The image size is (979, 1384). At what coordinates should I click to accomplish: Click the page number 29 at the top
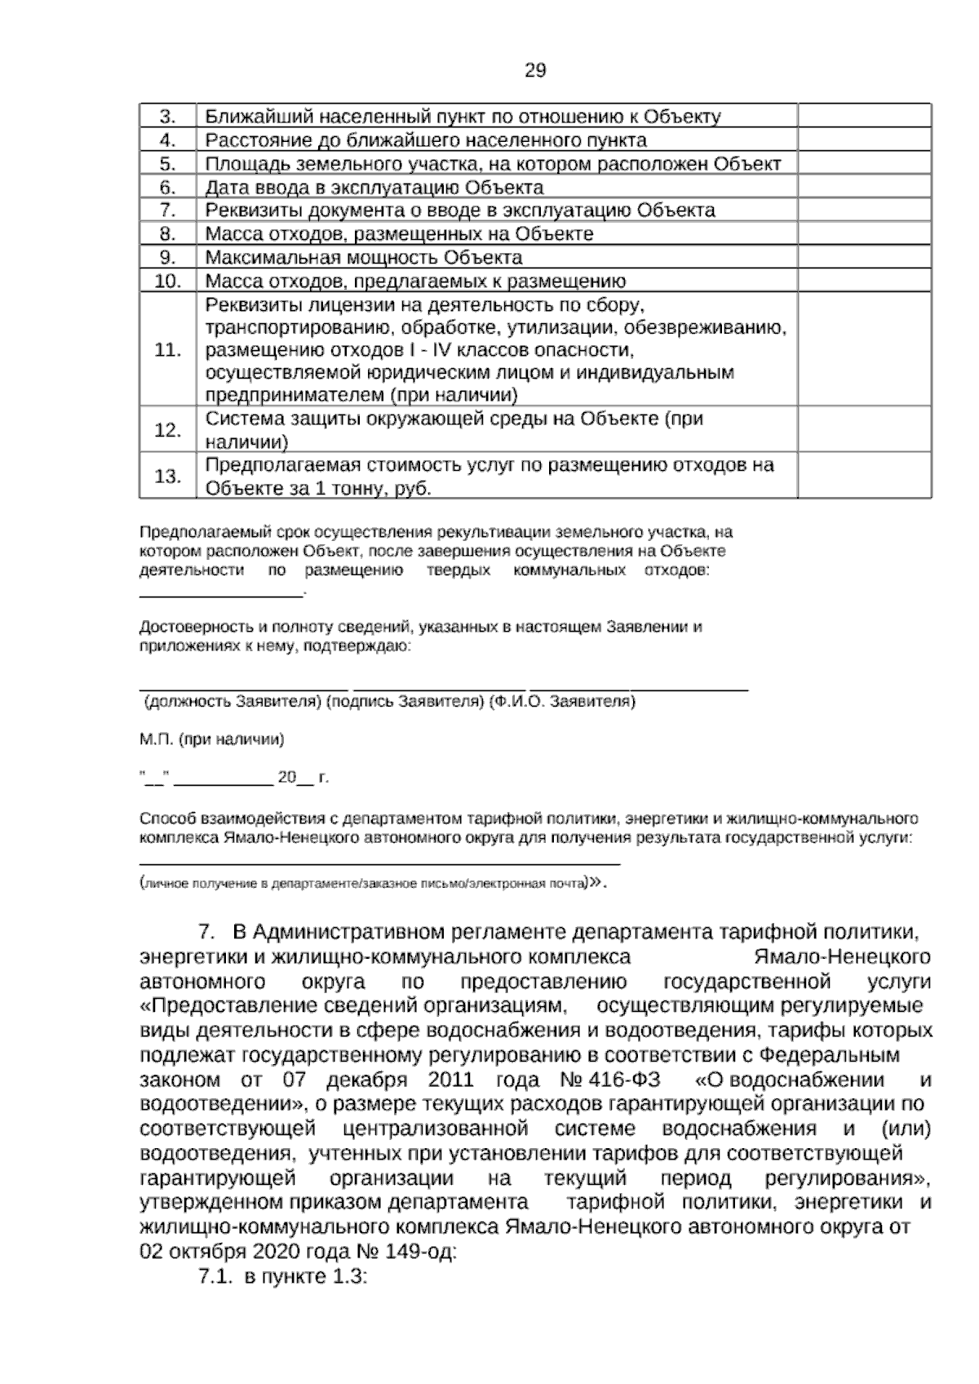pyautogui.click(x=534, y=71)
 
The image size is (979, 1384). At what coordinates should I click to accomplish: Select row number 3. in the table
pyautogui.click(x=167, y=117)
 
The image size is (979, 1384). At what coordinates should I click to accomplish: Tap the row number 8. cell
pyautogui.click(x=167, y=234)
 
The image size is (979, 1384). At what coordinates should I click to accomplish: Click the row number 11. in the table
pyautogui.click(x=167, y=350)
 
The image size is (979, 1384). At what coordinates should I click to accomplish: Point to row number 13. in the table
pyautogui.click(x=167, y=477)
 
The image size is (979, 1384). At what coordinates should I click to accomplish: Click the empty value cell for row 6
pyautogui.click(x=864, y=188)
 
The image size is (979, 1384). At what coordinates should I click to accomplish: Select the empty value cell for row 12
pyautogui.click(x=864, y=430)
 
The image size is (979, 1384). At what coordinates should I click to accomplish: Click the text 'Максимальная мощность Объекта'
pyautogui.click(x=364, y=258)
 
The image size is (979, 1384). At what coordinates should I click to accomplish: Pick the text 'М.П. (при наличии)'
pyautogui.click(x=211, y=740)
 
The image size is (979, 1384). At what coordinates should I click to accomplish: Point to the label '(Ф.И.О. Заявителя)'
pyautogui.click(x=562, y=703)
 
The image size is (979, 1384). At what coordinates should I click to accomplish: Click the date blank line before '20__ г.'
pyautogui.click(x=224, y=781)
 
